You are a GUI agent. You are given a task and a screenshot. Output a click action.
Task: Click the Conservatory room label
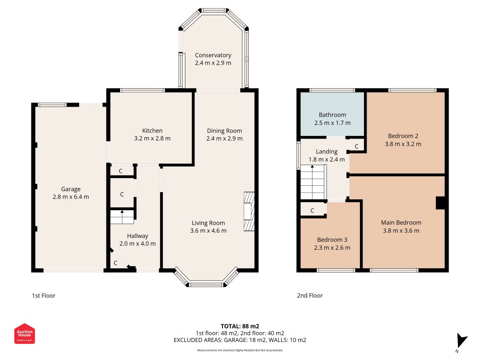click(x=213, y=55)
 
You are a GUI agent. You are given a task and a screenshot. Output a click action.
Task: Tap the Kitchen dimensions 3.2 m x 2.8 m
click(x=152, y=138)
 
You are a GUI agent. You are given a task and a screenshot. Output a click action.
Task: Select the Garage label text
click(x=71, y=189)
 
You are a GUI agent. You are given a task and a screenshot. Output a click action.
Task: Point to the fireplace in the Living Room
click(x=249, y=211)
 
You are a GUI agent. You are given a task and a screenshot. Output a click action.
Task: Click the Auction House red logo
click(x=24, y=333)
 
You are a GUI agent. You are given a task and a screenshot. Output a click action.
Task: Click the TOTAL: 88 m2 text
click(x=240, y=326)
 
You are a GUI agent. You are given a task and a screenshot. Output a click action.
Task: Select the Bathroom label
click(x=332, y=115)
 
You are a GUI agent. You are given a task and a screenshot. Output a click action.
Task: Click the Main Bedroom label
click(x=401, y=223)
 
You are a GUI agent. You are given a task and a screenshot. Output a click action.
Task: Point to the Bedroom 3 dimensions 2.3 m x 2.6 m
click(x=332, y=247)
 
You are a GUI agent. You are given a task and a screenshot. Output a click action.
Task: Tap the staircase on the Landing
click(x=313, y=182)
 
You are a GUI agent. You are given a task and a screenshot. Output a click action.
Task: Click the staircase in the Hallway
click(x=122, y=217)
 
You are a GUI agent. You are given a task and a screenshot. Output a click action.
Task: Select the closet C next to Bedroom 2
click(x=357, y=146)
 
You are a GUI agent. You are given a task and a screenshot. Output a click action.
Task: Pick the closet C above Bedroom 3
click(x=313, y=210)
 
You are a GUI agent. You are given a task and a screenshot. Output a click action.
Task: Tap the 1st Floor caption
click(x=44, y=296)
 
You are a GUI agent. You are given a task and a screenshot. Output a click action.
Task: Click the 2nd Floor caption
click(x=310, y=296)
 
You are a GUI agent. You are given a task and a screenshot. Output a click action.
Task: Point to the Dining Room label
click(x=224, y=130)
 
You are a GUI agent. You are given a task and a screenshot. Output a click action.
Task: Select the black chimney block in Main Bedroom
click(x=440, y=203)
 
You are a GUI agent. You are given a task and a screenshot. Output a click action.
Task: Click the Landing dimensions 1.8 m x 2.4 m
click(x=327, y=159)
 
